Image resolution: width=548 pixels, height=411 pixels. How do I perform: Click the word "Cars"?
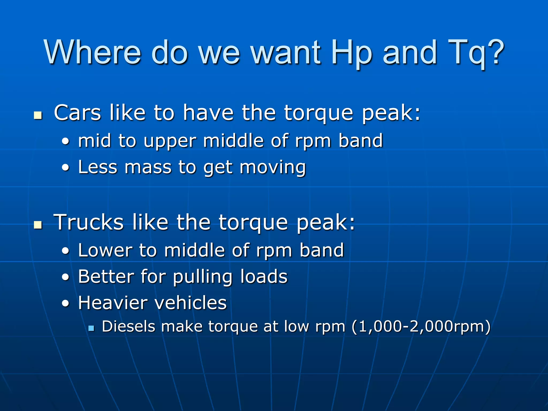point(77,113)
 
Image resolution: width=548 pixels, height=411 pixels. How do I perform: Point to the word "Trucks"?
point(89,222)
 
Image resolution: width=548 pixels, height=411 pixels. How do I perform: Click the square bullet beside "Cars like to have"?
point(38,115)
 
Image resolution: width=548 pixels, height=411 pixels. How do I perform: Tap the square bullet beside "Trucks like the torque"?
point(38,225)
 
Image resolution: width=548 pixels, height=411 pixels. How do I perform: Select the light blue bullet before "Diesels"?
point(91,328)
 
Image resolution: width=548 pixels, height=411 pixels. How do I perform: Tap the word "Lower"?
point(105,250)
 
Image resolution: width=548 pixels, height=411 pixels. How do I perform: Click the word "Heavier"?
point(113,303)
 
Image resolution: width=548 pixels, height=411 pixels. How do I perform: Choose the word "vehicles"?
point(191,303)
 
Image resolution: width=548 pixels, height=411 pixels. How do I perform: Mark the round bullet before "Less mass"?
point(66,168)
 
